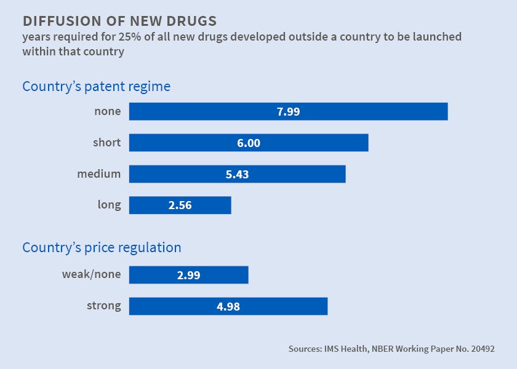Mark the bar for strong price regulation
(283, 306)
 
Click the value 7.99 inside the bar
(288, 111)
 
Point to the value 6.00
(249, 143)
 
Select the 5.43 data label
(237, 174)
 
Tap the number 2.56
(180, 205)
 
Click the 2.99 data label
(188, 275)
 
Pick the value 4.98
(228, 306)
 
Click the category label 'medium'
(98, 174)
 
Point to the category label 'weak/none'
(92, 275)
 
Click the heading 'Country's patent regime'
(96, 86)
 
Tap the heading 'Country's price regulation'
(102, 248)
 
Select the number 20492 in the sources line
(479, 349)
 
